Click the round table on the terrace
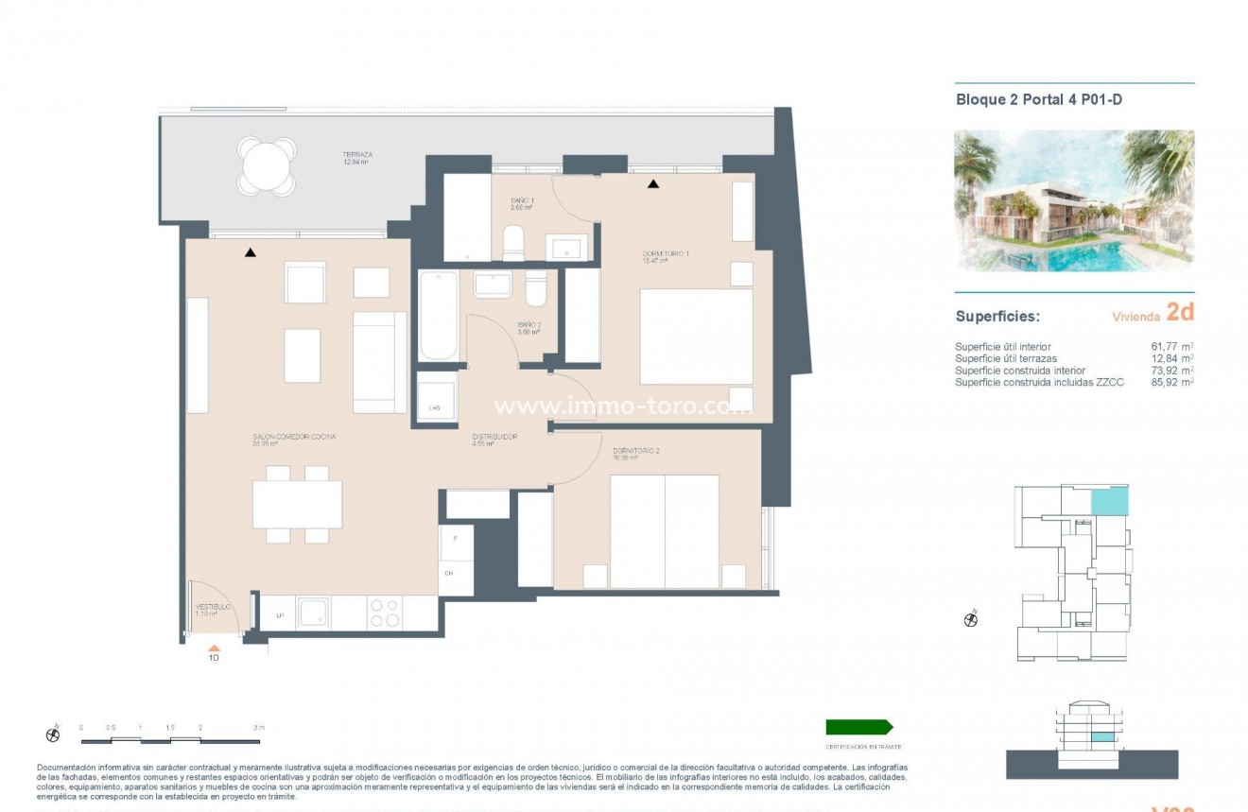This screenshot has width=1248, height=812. click(x=269, y=167)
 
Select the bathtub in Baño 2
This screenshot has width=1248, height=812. click(x=438, y=316)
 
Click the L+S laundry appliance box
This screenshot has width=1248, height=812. click(x=436, y=396)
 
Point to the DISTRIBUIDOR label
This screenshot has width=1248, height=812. click(x=494, y=438)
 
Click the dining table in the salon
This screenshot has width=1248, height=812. click(x=297, y=505)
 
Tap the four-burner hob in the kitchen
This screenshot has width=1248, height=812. click(x=384, y=613)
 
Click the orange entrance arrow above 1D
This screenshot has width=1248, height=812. click(x=215, y=649)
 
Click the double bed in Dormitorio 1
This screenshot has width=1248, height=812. click(x=696, y=337)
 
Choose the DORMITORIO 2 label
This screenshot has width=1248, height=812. click(x=635, y=452)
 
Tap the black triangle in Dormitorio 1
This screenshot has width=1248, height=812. click(x=652, y=183)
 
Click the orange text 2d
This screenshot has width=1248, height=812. click(x=1180, y=313)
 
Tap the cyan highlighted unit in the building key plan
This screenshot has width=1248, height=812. click(x=1109, y=501)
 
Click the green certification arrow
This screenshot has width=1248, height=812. click(x=858, y=727)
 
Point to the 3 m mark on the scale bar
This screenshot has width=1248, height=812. click(x=258, y=728)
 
